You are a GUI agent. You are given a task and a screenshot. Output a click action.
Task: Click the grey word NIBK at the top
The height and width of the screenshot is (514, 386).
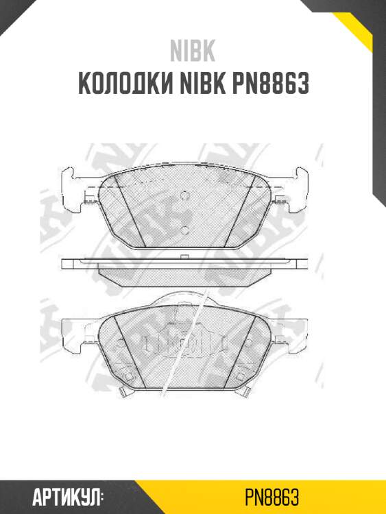tap(193, 52)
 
